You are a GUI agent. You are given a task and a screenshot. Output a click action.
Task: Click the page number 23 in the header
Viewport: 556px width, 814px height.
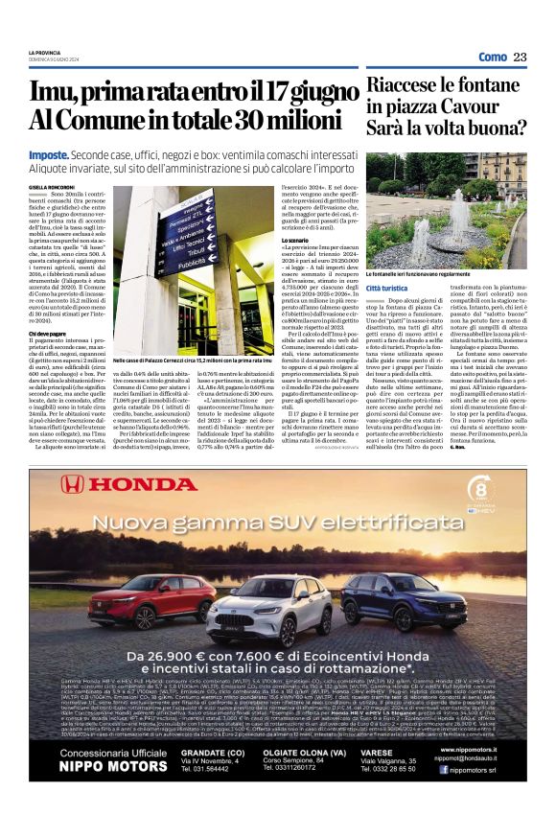[x=521, y=58]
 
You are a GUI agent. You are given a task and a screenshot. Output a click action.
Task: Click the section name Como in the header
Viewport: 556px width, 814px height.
[x=492, y=58]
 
